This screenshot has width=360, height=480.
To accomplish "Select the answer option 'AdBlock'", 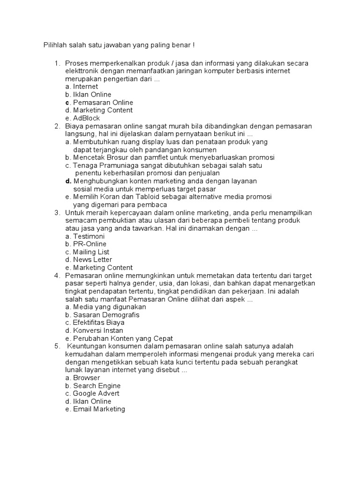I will coord(87,118).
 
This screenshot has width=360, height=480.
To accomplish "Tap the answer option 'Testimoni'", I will coord(89,236).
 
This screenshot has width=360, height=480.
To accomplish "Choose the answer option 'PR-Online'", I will coord(90,244).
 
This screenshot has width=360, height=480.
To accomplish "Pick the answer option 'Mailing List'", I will coord(91,252).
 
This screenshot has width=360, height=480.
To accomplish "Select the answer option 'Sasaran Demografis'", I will coord(106,315).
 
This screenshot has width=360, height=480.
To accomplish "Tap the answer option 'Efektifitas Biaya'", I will coord(98,323).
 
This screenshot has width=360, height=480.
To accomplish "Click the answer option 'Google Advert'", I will coord(96,394).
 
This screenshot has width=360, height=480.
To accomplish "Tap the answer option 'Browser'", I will coord(87,378).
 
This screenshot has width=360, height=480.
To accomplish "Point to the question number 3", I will coord(57,213).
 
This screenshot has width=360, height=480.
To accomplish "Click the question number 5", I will coord(57,346).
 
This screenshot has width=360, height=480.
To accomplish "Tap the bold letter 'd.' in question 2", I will coord(68,181).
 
